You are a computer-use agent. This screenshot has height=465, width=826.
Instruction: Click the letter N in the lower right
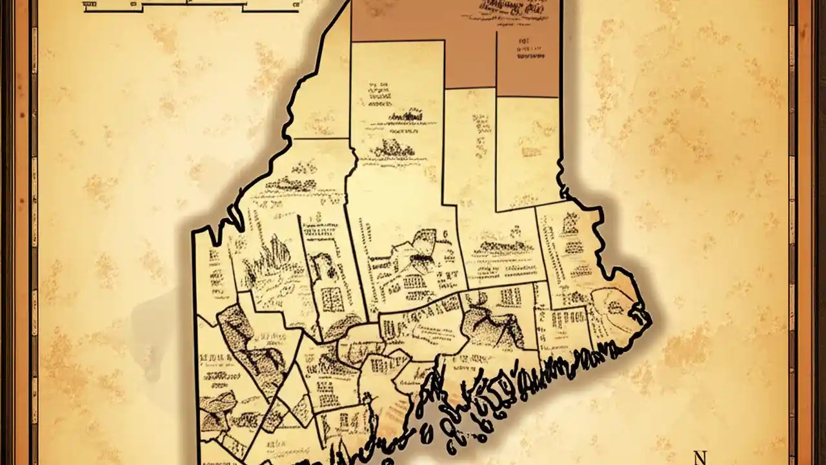click(x=700, y=457)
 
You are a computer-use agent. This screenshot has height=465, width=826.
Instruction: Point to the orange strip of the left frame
click(x=22, y=232)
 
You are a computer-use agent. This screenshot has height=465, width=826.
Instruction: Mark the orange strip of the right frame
click(x=804, y=232)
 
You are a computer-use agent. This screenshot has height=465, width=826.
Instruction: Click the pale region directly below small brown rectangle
click(x=527, y=152)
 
